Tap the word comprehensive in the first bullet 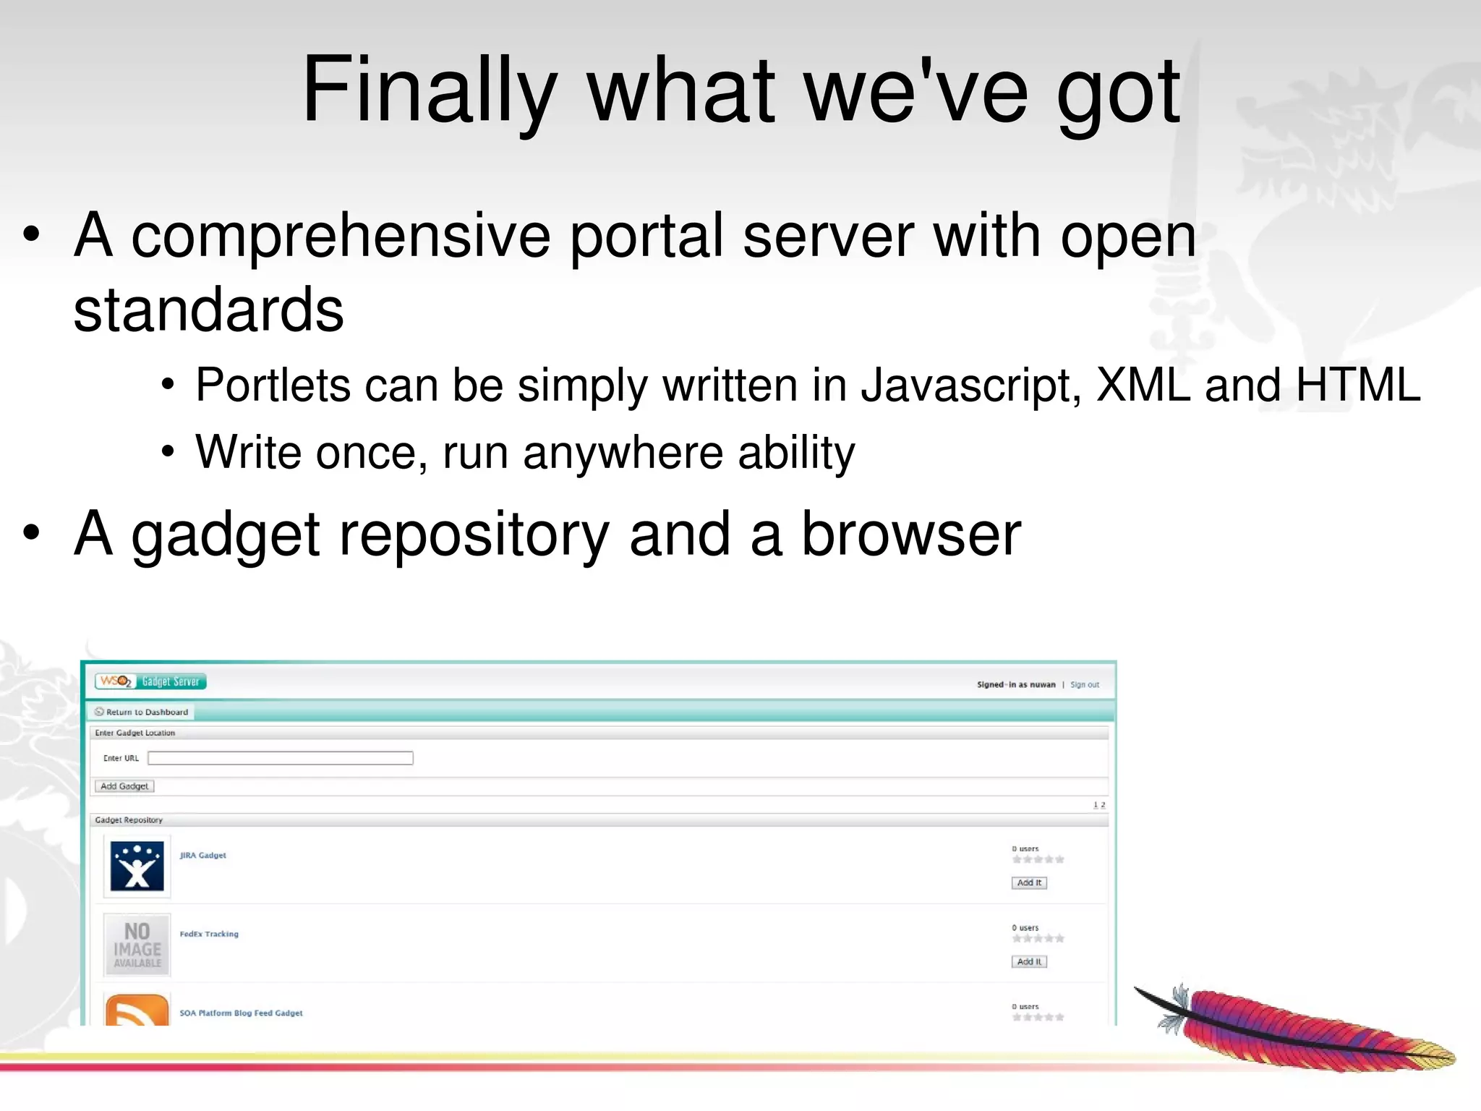340,236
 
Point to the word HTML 1357,385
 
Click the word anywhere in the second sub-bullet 623,454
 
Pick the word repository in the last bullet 474,535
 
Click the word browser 911,535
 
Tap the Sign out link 1084,684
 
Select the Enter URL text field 281,758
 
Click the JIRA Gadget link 203,855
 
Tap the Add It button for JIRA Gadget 1028,882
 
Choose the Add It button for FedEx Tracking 1028,961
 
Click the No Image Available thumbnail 137,945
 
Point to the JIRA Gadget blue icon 137,866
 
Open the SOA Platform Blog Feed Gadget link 241,1013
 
